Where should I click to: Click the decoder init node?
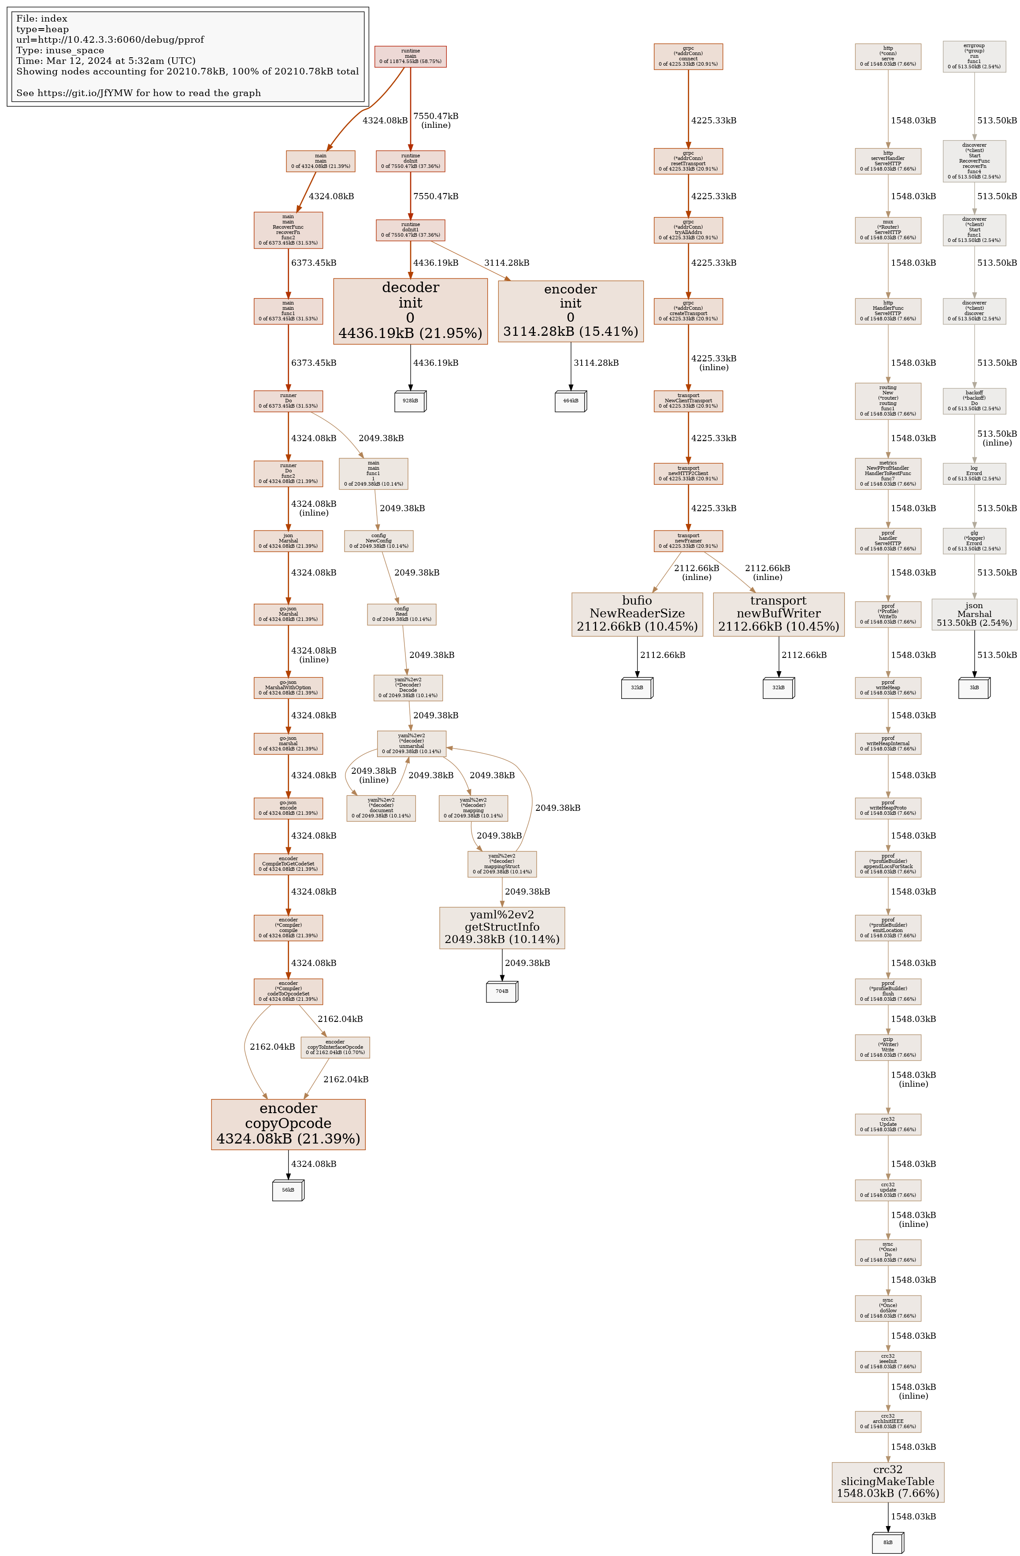click(410, 311)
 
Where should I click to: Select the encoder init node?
click(570, 311)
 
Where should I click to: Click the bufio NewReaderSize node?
click(637, 614)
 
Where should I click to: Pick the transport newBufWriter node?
click(778, 614)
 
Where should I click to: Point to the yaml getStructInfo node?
click(501, 927)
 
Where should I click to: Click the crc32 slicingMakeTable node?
click(887, 1482)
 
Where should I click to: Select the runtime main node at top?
click(410, 56)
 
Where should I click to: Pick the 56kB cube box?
click(288, 1190)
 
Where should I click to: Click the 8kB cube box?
click(887, 1542)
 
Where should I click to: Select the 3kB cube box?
click(974, 688)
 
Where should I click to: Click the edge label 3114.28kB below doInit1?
click(506, 263)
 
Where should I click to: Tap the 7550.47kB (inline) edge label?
click(435, 120)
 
